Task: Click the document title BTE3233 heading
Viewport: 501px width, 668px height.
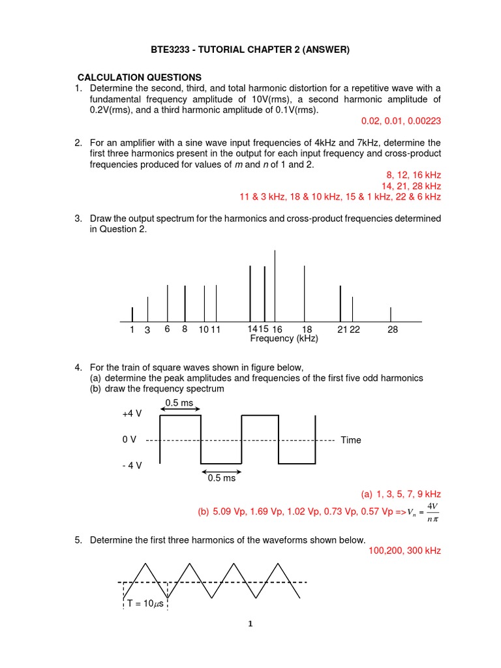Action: pyautogui.click(x=250, y=50)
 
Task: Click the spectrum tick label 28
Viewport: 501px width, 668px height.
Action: pyautogui.click(x=392, y=330)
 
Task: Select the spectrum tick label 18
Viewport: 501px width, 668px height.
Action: pyautogui.click(x=307, y=330)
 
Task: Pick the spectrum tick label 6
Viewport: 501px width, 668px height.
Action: pyautogui.click(x=168, y=329)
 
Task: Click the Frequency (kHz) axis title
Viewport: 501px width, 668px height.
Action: pyautogui.click(x=284, y=339)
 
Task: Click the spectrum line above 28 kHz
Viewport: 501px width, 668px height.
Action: pyautogui.click(x=391, y=314)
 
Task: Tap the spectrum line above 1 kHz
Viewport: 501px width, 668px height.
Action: pyautogui.click(x=132, y=314)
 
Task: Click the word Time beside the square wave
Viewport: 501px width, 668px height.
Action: pyautogui.click(x=350, y=440)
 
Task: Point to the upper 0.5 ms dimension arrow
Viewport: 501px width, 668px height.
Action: pyautogui.click(x=180, y=410)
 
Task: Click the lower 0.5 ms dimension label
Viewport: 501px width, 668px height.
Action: pyautogui.click(x=221, y=478)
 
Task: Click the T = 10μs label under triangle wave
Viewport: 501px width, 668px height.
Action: pyautogui.click(x=145, y=603)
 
